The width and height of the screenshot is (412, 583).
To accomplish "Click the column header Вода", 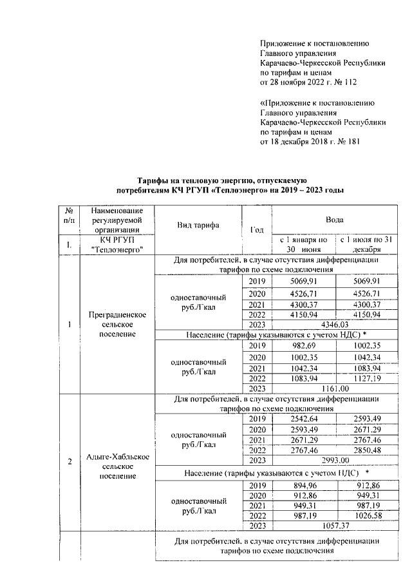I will pos(334,220).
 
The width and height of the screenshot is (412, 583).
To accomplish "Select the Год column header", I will pos(257,230).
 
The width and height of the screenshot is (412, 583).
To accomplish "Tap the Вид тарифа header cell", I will pos(198,225).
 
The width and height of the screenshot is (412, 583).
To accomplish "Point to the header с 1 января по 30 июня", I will pos(303,244).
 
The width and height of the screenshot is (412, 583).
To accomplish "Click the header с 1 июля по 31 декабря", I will pos(367,244).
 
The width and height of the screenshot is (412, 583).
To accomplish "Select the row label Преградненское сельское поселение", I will pos(118,324).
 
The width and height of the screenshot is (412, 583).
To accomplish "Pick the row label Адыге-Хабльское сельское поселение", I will pos(118,466).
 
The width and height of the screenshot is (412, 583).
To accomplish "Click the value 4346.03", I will pos(334,325).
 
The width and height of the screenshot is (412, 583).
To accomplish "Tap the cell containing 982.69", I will pos(303,346).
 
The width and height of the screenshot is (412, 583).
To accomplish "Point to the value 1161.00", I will pos(334,388).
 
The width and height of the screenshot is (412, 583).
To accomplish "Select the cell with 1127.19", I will pos(367,378).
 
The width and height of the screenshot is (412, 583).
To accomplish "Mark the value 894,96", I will pos(303,485).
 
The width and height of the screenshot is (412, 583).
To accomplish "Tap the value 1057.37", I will pos(334,526).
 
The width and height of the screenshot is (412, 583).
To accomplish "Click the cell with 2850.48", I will pos(367,449).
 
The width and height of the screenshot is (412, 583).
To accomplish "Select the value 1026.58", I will pos(367,516).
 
